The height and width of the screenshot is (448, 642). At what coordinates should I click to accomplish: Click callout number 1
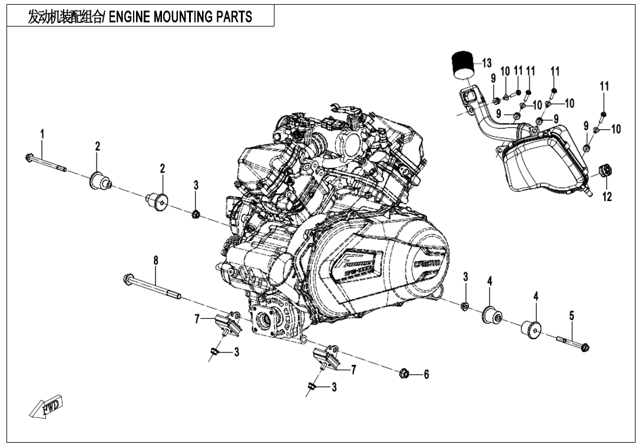pyautogui.click(x=42, y=134)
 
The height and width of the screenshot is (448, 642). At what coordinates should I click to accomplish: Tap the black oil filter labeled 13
pyautogui.click(x=463, y=64)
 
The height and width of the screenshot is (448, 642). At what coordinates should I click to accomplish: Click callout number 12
pyautogui.click(x=607, y=197)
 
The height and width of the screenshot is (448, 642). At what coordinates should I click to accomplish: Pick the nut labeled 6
pyautogui.click(x=404, y=373)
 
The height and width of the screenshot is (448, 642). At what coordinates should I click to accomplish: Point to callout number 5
pyautogui.click(x=571, y=316)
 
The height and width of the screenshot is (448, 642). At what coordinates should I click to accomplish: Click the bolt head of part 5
pyautogui.click(x=584, y=347)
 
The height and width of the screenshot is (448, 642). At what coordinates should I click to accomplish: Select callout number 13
pyautogui.click(x=487, y=63)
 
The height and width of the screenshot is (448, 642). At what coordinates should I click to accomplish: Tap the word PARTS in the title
pyautogui.click(x=233, y=17)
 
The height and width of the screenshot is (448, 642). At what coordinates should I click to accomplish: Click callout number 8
pyautogui.click(x=155, y=260)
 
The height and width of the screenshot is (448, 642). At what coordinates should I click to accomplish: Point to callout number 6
pyautogui.click(x=426, y=374)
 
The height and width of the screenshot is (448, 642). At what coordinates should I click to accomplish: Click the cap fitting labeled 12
pyautogui.click(x=605, y=171)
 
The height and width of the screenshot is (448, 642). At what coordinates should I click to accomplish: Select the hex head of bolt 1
pyautogui.click(x=29, y=157)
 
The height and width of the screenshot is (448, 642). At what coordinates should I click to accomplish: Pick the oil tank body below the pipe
pyautogui.click(x=542, y=162)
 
